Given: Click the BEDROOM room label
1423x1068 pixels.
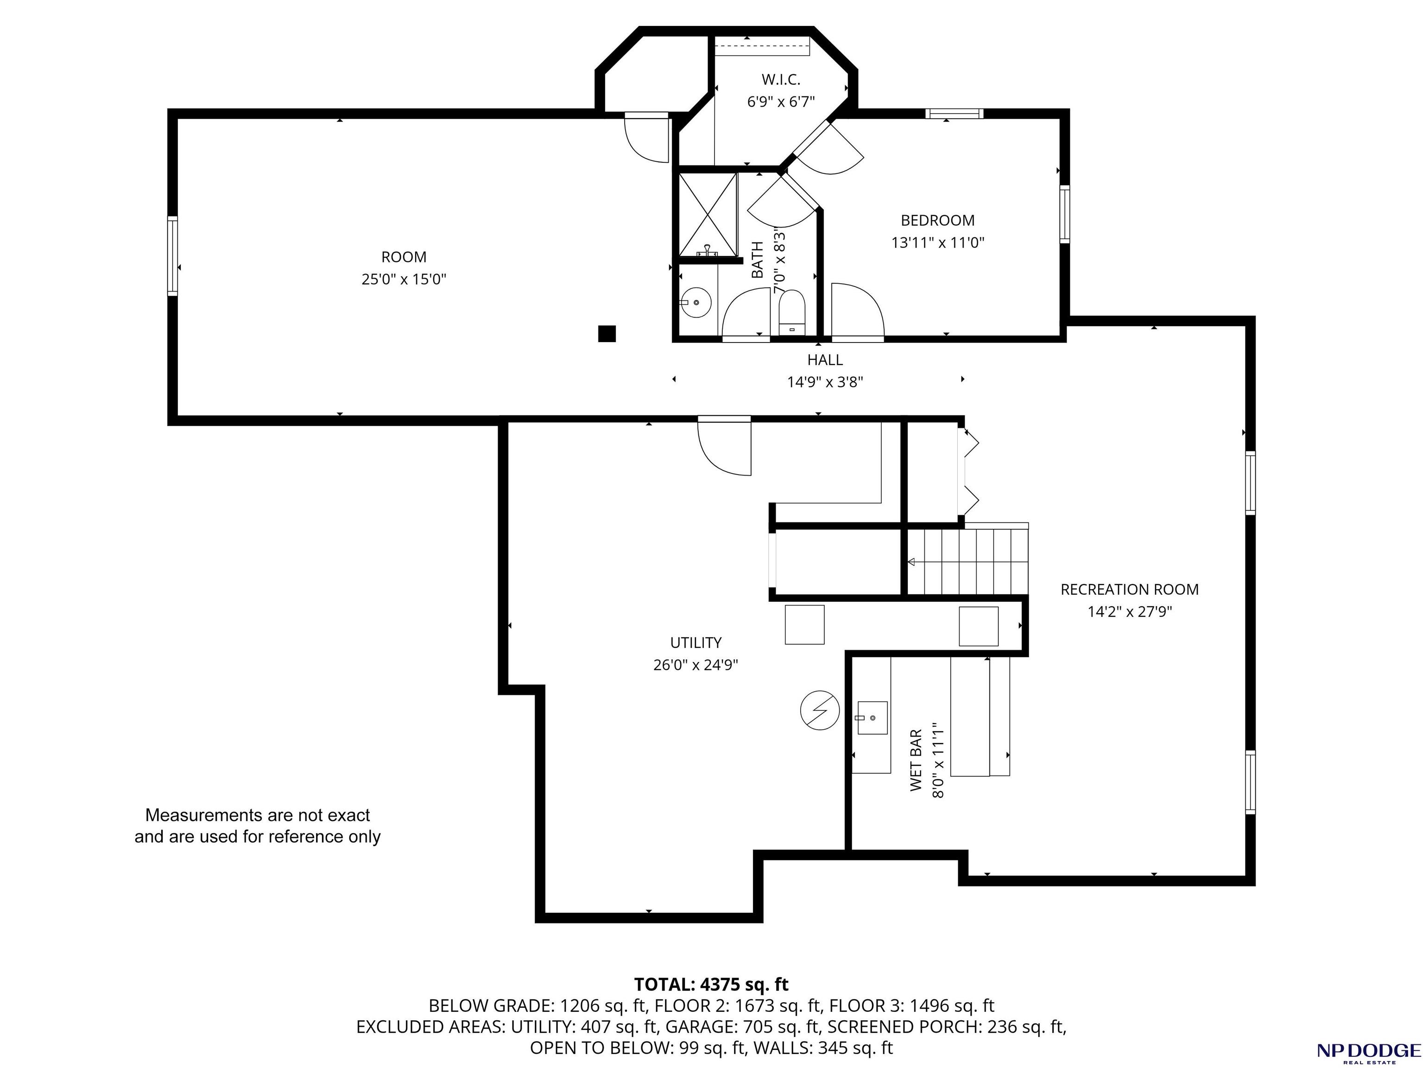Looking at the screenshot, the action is pos(938,221).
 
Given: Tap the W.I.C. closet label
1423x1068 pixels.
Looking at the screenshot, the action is pos(781,80).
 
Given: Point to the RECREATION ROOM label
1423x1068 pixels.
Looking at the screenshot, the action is pos(1130,589).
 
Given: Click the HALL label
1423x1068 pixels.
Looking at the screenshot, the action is pos(825,360).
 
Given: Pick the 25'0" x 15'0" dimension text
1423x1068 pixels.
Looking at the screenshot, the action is pos(404,279).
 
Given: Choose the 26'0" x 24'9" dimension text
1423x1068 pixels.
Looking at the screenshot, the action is pos(696,665).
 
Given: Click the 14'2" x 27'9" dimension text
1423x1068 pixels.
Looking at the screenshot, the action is pos(1130,611).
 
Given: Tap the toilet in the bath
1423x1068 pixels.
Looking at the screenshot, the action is pos(791,313).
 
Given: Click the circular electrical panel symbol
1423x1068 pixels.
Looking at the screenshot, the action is pos(820,710).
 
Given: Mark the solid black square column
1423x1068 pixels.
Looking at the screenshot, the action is pos(607,333).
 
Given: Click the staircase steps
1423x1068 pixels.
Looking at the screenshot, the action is pos(968,562).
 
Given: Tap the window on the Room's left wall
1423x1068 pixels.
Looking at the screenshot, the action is pos(172,255).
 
